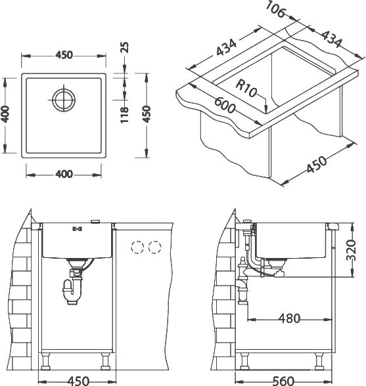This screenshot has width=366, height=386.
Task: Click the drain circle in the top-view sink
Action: click(x=64, y=100)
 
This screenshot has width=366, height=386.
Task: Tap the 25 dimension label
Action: click(x=125, y=47)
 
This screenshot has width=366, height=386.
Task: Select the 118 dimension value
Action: click(x=125, y=115)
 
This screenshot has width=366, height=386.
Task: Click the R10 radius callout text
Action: click(x=246, y=89)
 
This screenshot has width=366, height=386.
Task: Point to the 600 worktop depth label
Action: click(x=225, y=105)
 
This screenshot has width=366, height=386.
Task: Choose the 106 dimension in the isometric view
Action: click(x=276, y=9)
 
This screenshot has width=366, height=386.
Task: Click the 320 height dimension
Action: click(x=351, y=251)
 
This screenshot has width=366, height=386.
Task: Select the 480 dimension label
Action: click(x=290, y=318)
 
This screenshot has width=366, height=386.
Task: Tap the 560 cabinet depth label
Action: click(x=283, y=381)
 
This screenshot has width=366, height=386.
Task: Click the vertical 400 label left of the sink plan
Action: click(x=6, y=114)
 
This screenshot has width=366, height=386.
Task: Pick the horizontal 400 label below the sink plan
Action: click(x=64, y=175)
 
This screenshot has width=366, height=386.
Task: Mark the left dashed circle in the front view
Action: click(x=137, y=247)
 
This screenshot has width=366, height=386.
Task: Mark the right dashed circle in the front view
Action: click(x=155, y=247)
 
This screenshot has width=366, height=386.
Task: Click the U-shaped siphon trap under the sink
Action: click(x=72, y=293)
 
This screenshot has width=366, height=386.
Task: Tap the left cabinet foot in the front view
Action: click(x=46, y=362)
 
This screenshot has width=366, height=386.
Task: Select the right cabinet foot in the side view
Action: click(x=319, y=362)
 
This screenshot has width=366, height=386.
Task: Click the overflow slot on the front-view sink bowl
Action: click(x=77, y=229)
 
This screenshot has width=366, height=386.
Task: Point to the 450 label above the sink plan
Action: click(x=64, y=55)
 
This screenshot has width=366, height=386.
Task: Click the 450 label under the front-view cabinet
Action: click(x=78, y=381)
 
